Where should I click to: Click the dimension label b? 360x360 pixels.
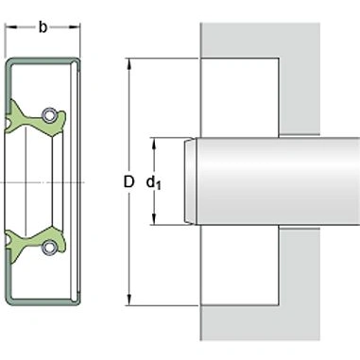(x=43, y=26)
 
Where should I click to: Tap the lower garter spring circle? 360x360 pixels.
(x=51, y=248)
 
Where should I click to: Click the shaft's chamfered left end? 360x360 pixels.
(x=192, y=181)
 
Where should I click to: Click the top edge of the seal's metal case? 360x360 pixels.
(x=43, y=60)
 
